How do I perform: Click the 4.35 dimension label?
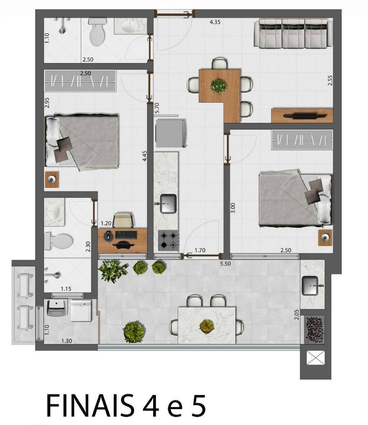pos(215,22)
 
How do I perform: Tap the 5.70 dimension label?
pos(157,108)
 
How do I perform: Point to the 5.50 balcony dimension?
pos(225,264)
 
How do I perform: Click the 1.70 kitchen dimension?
pos(200,250)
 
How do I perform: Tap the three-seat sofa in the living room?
pos(293,34)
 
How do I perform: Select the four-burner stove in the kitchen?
pos(168,240)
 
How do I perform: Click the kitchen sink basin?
pos(168,204)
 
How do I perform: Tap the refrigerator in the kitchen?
pos(171,133)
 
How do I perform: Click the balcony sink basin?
pos(310,286)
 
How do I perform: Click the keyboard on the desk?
pos(126,235)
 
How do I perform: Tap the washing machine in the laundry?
pos(81,311)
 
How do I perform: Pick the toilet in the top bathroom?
pos(97,32)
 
